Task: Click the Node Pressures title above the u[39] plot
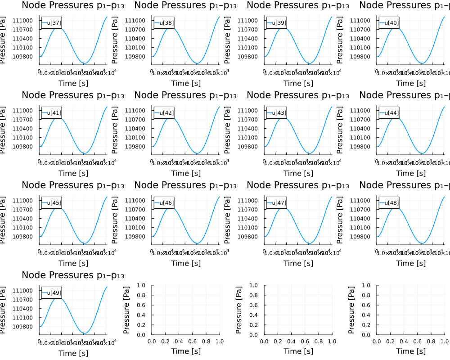click(298, 5)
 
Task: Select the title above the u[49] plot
click(73, 275)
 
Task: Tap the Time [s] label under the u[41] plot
click(73, 173)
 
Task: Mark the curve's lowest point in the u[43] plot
click(309, 153)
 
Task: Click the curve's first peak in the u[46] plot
click(170, 207)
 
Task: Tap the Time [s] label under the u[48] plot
click(410, 263)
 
